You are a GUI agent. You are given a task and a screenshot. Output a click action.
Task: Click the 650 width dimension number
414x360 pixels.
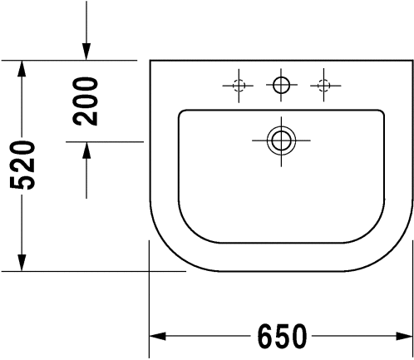[x=283, y=336]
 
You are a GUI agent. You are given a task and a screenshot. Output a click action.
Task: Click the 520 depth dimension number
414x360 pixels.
[x=22, y=165]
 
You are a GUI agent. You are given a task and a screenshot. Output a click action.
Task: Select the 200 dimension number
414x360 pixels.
[x=85, y=101]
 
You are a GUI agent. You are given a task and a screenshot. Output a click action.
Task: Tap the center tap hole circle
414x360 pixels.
[x=281, y=85]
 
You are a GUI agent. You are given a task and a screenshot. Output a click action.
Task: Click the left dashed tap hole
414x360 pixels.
[x=239, y=86]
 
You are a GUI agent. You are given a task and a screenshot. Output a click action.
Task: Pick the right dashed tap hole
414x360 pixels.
[x=323, y=86]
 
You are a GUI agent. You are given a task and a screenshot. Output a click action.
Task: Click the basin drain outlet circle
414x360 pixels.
[x=281, y=141]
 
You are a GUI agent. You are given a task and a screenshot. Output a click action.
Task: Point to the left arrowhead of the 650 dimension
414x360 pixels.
[x=157, y=336]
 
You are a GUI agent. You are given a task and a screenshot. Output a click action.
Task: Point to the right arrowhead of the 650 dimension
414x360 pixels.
[x=404, y=336]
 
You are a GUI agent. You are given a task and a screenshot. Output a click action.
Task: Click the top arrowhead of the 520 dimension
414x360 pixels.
[x=22, y=68]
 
